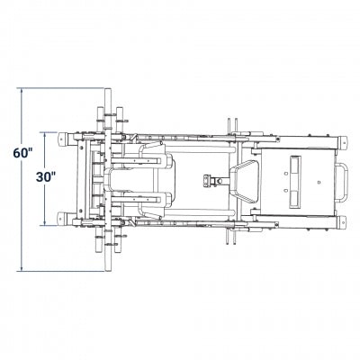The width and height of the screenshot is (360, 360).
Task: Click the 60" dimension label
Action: (22, 153)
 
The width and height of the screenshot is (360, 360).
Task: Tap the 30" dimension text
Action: (46, 177)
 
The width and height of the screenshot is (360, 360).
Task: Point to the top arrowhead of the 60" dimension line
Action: (22, 91)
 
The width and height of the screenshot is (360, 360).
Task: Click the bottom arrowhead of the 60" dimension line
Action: (22, 268)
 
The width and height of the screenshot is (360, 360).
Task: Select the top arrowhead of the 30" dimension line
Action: (45, 135)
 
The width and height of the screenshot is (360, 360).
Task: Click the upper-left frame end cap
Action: (62, 139)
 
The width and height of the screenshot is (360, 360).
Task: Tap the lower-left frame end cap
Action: (62, 219)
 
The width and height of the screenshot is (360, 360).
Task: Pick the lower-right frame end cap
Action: (343, 222)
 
